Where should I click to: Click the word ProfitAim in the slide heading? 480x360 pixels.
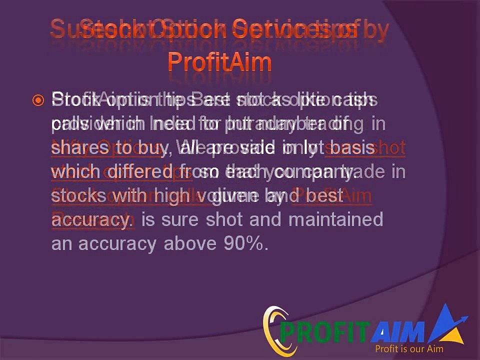coord(219,62)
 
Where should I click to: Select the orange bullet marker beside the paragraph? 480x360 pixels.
coord(38,100)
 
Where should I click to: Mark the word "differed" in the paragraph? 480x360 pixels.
coord(131,172)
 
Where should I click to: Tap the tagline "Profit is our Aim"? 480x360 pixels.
coord(409,348)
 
